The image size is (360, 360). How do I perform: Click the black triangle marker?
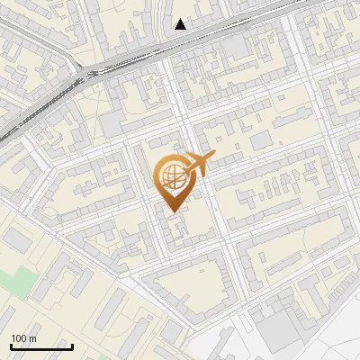coord(180,24)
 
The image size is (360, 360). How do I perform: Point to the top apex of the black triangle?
coord(180,19)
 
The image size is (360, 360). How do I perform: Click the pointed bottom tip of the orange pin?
coord(171,212)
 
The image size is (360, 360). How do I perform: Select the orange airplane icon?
coord(197,165)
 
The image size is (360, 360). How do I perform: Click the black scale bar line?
coord(41,346)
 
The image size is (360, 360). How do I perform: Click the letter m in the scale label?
coord(32,339)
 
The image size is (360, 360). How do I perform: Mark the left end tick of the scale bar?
coord(11,345)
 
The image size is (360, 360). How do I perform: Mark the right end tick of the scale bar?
coord(72,345)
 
